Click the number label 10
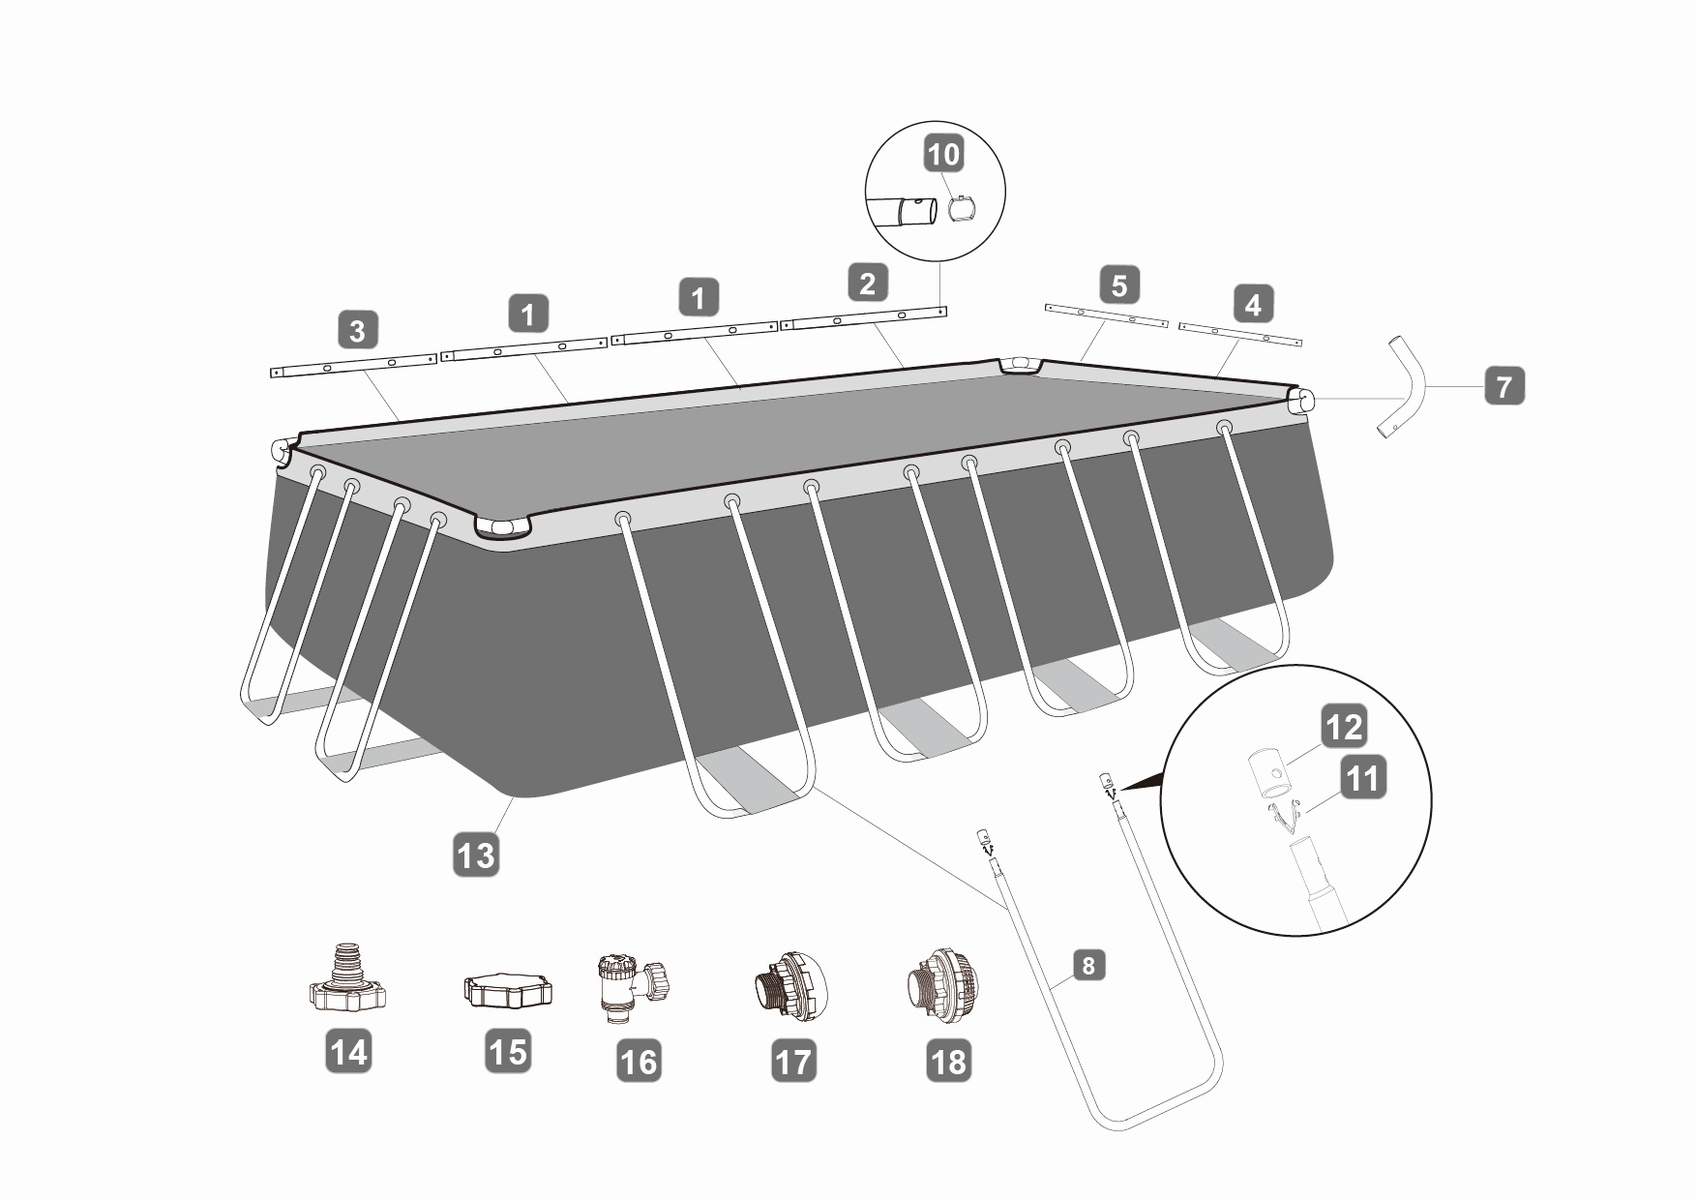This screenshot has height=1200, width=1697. pyautogui.click(x=944, y=155)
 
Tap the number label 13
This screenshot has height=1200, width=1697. pyautogui.click(x=476, y=855)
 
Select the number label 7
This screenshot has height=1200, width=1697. pyautogui.click(x=1503, y=386)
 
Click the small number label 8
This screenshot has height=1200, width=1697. pyautogui.click(x=1088, y=965)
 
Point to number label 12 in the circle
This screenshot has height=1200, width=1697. pyautogui.click(x=1344, y=727)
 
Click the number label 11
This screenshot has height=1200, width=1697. pyautogui.click(x=1363, y=777)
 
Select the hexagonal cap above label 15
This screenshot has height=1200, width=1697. pyautogui.click(x=508, y=991)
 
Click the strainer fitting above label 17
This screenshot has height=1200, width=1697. pyautogui.click(x=789, y=987)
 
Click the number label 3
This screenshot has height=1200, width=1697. pyautogui.click(x=358, y=330)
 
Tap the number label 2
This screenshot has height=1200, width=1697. pyautogui.click(x=867, y=283)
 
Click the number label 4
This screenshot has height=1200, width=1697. pyautogui.click(x=1253, y=305)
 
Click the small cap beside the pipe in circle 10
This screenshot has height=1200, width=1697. pyautogui.click(x=962, y=210)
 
